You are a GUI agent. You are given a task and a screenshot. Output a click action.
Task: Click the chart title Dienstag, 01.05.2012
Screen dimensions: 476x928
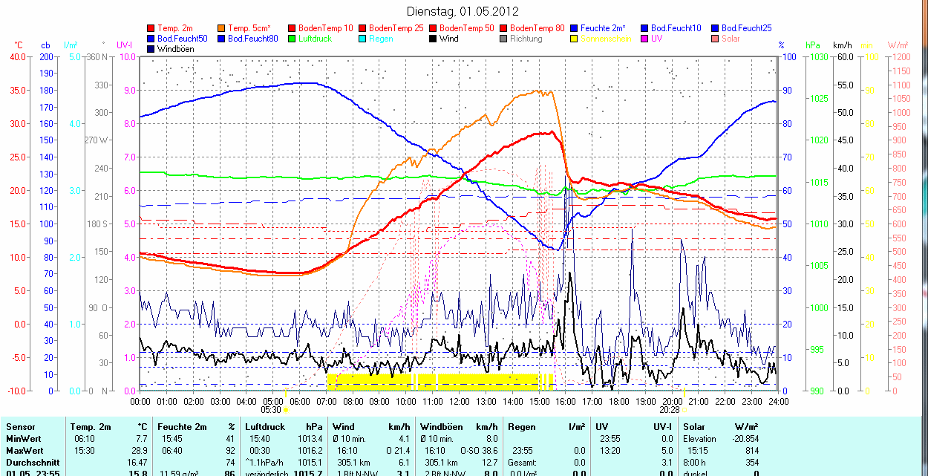click(463, 11)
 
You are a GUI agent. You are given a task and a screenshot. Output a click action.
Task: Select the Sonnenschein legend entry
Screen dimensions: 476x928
click(606, 39)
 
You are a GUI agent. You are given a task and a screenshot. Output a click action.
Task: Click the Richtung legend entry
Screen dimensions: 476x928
click(526, 39)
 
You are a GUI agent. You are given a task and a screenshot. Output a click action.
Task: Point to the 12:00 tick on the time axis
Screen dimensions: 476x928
click(459, 401)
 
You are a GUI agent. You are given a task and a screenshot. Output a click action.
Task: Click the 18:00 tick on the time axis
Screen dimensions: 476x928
click(618, 401)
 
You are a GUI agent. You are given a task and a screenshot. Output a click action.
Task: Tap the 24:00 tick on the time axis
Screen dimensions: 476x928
click(777, 401)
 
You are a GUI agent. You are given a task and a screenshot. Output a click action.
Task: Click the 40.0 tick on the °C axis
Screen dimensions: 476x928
click(16, 56)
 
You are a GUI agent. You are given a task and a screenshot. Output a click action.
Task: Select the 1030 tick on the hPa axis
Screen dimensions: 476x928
click(819, 56)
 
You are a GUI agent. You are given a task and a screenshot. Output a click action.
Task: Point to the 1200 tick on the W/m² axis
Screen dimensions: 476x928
click(901, 56)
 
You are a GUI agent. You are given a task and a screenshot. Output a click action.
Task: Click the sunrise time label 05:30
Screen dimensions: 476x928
click(272, 409)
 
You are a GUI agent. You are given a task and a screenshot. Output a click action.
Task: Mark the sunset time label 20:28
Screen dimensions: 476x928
click(670, 409)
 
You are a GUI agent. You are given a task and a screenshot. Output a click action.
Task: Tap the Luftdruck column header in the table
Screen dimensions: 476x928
click(266, 427)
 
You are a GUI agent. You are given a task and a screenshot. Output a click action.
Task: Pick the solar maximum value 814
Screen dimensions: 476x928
click(751, 451)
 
